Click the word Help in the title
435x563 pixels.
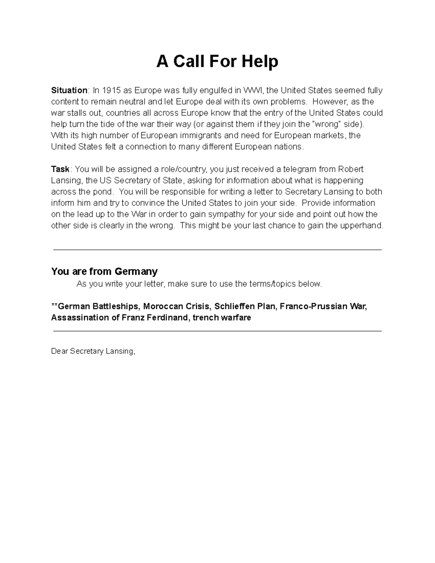click(x=260, y=62)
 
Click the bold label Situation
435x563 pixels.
click(x=69, y=90)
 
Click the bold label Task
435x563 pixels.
click(x=60, y=169)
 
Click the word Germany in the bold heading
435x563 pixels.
click(x=136, y=272)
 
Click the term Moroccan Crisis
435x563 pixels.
click(x=177, y=306)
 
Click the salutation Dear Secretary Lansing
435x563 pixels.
click(x=93, y=351)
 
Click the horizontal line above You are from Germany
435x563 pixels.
click(x=217, y=250)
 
